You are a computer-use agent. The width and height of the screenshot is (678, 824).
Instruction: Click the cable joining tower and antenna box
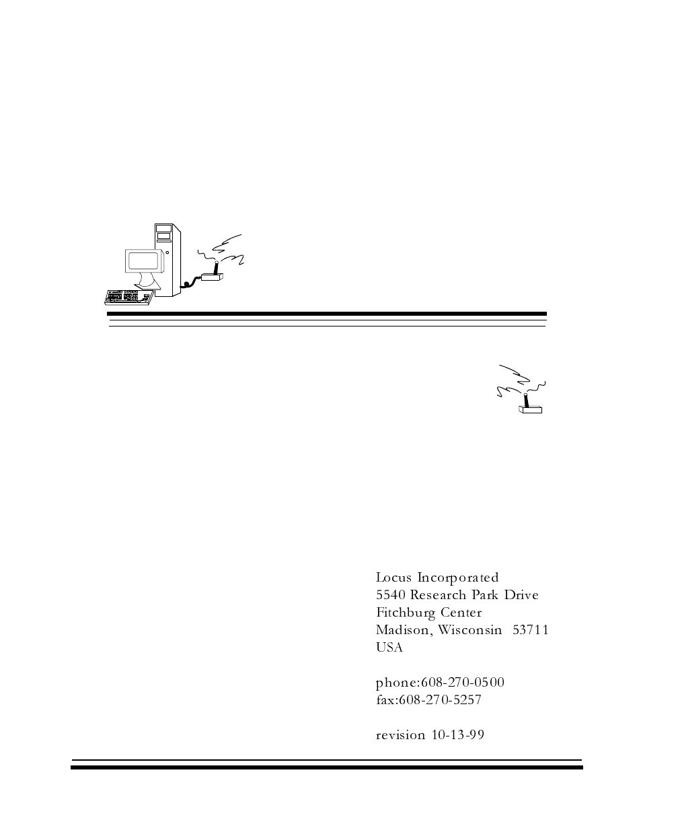tap(193, 281)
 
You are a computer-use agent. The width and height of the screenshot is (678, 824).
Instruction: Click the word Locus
tap(393, 578)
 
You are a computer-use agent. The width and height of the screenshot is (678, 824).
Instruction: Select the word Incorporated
tap(458, 578)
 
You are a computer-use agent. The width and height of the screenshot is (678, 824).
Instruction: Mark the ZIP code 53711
tap(531, 630)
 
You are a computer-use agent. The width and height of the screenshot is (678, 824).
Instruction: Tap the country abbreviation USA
tap(389, 648)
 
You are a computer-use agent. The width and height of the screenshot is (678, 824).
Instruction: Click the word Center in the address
tap(461, 613)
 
